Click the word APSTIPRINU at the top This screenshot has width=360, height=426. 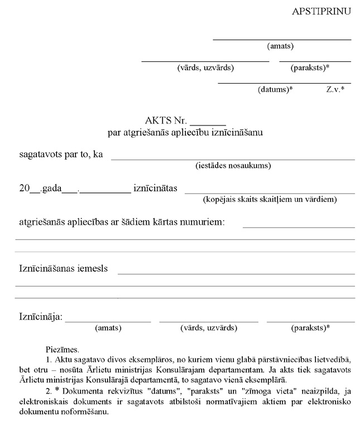click(321, 11)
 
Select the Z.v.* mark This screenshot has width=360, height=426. click(335, 89)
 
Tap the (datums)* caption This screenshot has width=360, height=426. click(275, 89)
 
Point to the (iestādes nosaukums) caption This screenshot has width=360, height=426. click(233, 166)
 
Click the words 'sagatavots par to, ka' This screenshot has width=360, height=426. click(61, 154)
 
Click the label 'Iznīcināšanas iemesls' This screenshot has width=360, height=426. click(64, 269)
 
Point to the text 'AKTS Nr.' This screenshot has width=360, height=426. click(165, 121)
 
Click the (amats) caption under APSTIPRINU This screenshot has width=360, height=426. click(280, 46)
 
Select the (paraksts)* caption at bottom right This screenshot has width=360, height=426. click(310, 328)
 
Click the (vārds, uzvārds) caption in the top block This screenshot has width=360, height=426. click(205, 67)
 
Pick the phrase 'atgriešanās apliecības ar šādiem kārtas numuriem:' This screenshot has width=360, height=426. click(122, 222)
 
